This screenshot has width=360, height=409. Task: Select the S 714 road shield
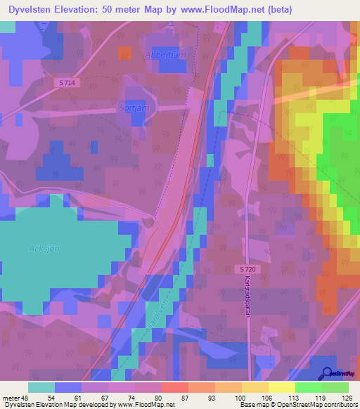pyautogui.click(x=67, y=82)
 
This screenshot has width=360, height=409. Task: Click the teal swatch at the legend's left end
pyautogui.click(x=41, y=387)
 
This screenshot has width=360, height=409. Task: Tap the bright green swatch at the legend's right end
pyautogui.click(x=335, y=387)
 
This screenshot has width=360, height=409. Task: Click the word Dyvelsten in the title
pyautogui.click(x=33, y=9)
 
